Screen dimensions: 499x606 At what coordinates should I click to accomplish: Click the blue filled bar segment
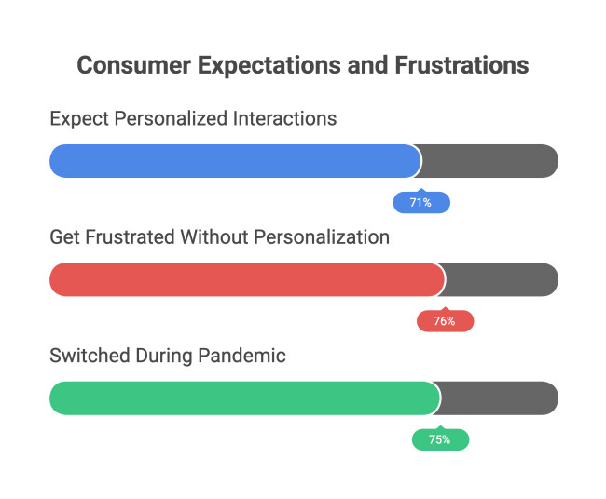coord(233,161)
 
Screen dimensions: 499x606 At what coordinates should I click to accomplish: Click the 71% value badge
coord(421,202)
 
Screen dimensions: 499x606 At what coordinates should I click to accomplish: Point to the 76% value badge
coord(445,321)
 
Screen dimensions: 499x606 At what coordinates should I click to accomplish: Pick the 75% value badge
coord(440,439)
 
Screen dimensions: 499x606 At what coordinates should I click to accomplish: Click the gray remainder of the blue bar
coord(489,161)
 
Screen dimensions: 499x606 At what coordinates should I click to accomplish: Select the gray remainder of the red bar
coord(502,279)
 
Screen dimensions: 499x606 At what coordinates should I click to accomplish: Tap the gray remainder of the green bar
coord(499,398)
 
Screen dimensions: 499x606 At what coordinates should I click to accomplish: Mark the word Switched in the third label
coord(85,356)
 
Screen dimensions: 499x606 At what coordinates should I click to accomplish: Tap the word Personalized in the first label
coord(170,119)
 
